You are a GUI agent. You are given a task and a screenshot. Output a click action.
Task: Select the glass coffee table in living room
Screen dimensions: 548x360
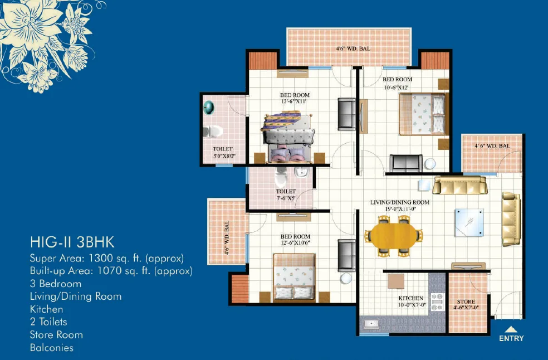click(x=469, y=222)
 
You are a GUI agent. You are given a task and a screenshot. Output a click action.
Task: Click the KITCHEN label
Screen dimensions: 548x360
click(x=411, y=298)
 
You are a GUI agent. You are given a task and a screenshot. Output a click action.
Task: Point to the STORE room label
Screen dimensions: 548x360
click(x=466, y=301)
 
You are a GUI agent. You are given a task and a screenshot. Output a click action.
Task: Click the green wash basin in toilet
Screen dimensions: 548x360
click(x=209, y=108)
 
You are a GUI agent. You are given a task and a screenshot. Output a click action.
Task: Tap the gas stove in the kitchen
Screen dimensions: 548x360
click(x=437, y=302)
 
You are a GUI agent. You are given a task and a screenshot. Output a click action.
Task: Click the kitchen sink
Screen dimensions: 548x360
click(x=371, y=324)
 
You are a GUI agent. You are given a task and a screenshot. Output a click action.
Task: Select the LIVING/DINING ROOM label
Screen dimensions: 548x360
click(x=400, y=202)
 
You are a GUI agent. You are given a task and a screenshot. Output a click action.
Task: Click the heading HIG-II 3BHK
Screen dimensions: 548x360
click(x=72, y=242)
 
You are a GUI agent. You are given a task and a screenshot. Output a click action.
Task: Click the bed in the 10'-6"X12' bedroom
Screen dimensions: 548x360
click(x=424, y=114)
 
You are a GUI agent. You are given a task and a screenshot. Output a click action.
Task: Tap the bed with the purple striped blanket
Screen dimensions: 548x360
click(x=287, y=137)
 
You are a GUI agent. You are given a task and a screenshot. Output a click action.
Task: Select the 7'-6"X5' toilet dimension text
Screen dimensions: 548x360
click(x=286, y=198)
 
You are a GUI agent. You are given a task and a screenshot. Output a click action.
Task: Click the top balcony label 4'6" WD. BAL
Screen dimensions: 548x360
click(x=353, y=48)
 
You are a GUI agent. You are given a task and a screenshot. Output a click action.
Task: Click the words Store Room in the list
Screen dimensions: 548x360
click(x=56, y=335)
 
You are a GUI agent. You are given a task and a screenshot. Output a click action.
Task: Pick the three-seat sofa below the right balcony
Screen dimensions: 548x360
click(x=460, y=186)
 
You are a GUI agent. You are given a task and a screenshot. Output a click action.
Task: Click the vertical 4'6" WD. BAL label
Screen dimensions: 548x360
click(x=227, y=237)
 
